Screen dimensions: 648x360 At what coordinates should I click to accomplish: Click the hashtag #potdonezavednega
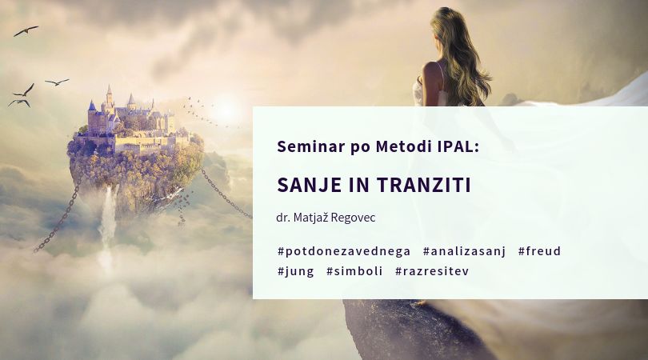point(344,251)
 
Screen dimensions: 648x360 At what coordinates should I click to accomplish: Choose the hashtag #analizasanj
point(465,251)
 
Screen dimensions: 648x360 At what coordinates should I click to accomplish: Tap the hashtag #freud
point(539,251)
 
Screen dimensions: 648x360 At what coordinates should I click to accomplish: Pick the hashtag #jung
point(295,271)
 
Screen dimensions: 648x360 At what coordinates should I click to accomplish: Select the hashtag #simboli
point(354,271)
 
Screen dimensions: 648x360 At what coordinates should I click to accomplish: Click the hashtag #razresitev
point(432,271)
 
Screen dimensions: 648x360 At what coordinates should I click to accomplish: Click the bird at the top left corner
point(26,30)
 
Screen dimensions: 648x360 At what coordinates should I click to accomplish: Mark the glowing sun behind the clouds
point(226,108)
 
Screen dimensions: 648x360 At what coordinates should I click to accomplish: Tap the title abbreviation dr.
point(282,218)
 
